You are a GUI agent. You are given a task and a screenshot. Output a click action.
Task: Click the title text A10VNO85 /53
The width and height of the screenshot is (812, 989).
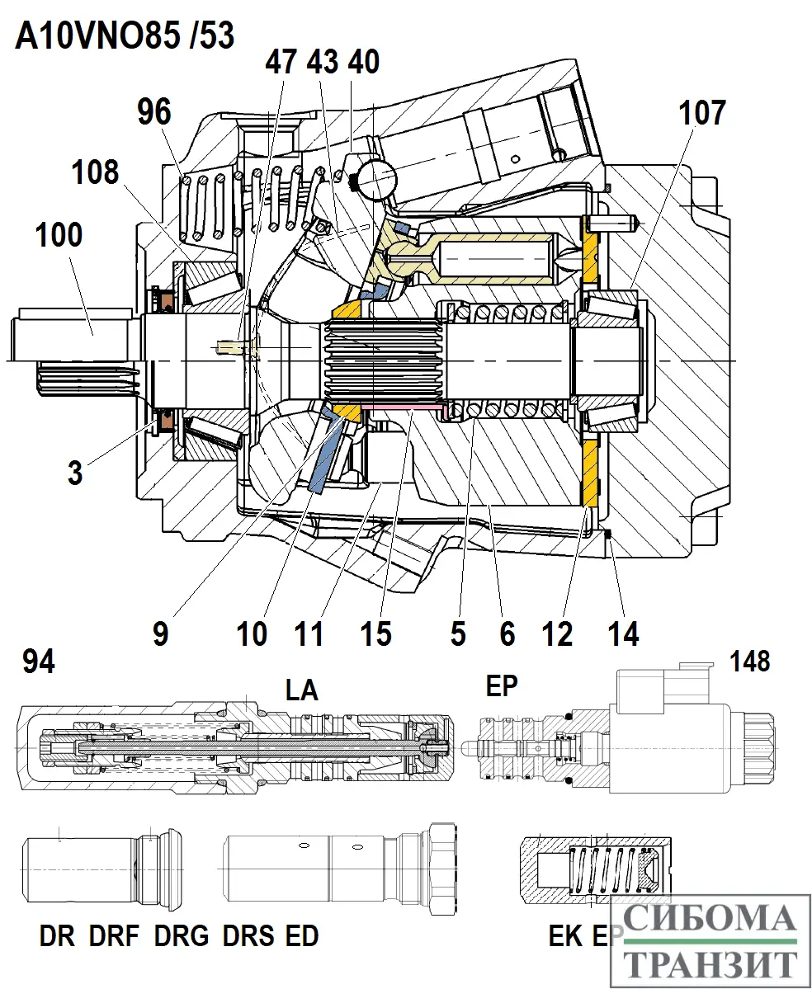coord(125,36)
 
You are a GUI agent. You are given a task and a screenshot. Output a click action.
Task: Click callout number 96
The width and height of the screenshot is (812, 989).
coord(155,113)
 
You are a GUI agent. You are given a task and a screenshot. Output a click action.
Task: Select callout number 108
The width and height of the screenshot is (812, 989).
coord(94,173)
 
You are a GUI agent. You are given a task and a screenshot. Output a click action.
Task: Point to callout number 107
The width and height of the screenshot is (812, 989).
coord(701,113)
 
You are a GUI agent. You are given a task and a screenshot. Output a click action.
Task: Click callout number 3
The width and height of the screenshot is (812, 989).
coord(75,473)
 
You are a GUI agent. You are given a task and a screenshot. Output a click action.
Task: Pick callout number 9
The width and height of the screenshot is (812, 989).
coord(160,633)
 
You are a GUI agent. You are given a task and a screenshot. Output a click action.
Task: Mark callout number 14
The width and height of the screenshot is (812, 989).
coord(623,633)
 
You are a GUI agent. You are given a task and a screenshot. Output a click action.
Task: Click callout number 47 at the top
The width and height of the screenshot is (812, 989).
coord(281,62)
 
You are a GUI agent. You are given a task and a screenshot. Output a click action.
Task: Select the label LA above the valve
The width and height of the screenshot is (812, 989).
coord(301,690)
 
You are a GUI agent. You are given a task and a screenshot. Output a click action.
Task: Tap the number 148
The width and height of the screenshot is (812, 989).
coord(749,661)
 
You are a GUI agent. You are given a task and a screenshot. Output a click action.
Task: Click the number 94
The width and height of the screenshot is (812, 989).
coord(39,661)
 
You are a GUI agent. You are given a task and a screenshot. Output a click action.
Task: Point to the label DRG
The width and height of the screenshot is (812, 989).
coord(182,936)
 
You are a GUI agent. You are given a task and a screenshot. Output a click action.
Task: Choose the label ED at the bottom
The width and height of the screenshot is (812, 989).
coord(301,936)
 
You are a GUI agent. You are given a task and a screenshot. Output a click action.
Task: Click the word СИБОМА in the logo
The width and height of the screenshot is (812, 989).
coord(710,918)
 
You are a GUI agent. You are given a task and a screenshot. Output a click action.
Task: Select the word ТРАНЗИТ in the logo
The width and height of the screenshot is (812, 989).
coord(710,963)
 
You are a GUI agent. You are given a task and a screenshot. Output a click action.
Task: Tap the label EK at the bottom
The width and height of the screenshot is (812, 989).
coord(566,936)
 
